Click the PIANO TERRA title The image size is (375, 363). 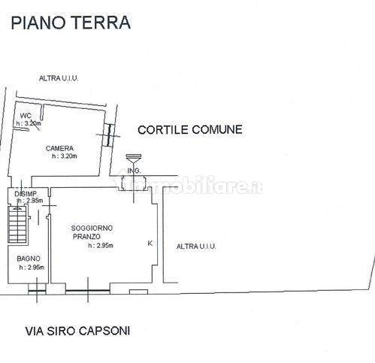pos(71,23)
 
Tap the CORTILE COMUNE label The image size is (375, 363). pos(190,130)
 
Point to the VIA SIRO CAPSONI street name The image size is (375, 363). pos(77,331)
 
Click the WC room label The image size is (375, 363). pos(26,116)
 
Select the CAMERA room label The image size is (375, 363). pos(59,148)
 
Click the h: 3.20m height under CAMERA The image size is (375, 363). pos(65,156)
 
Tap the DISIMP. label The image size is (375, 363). pos(26,194)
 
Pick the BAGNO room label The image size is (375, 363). pos(29,259)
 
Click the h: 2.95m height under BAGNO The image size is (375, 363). pos(32,268)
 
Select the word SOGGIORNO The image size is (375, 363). pos(92,228)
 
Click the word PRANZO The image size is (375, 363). pos(86,237)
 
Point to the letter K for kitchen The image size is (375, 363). pos(150,244)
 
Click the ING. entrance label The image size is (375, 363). pos(134,171)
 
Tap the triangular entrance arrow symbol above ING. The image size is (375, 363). pos(134,159)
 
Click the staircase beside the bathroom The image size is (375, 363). pos(17,225)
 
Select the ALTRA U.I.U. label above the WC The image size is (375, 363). pos(59,78)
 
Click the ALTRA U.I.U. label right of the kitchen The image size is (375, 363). pos(196,247)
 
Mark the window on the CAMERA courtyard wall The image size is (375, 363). pos(108,135)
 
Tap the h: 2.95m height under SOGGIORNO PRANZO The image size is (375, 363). pos(101,246)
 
